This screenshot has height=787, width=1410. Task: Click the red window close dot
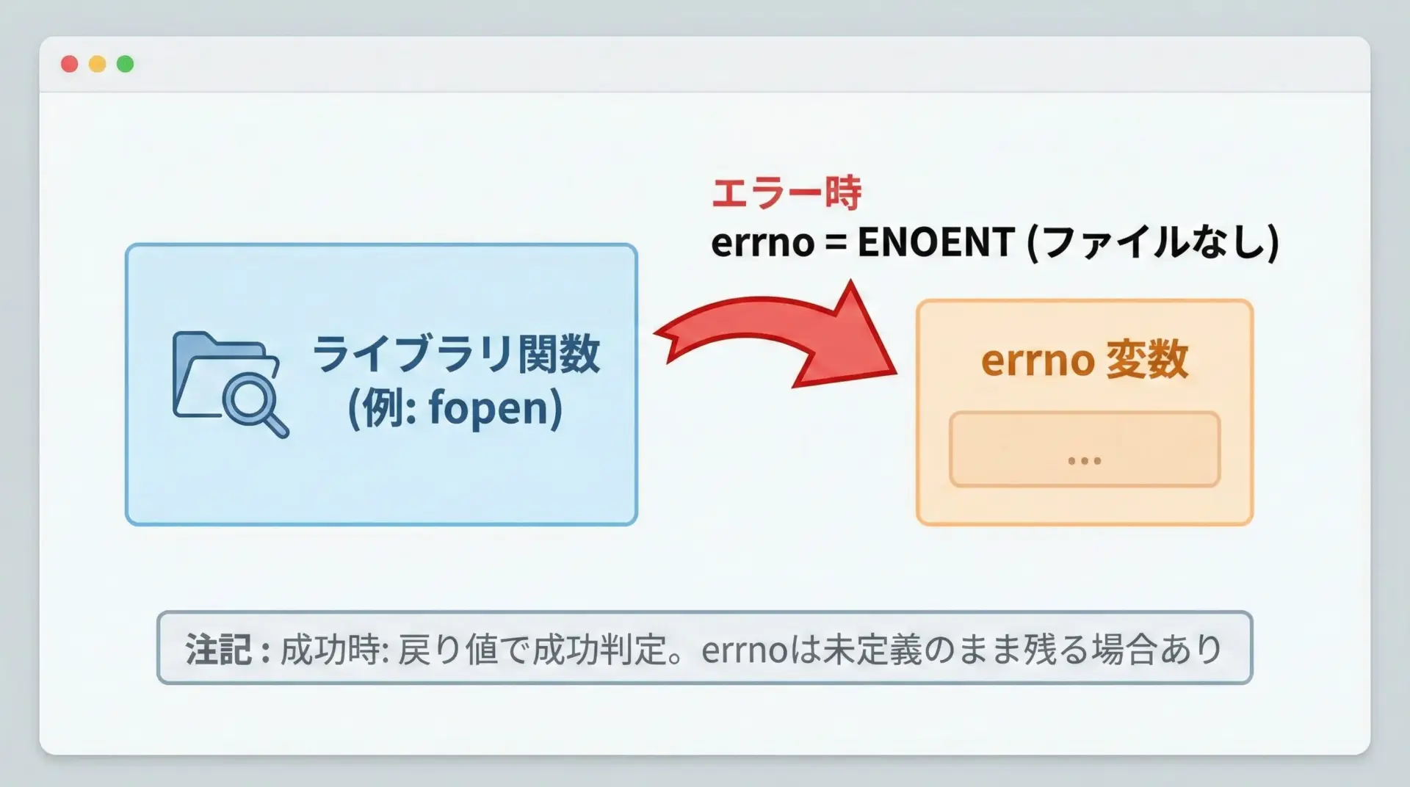pos(70,64)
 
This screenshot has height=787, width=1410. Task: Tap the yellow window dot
pos(98,64)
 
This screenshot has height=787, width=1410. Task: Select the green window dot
pos(126,64)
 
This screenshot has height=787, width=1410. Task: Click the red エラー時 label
pos(787,193)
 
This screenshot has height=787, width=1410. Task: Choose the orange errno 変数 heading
pos(1084,360)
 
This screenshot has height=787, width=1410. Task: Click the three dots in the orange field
pos(1085,461)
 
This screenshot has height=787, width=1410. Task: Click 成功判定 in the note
pos(599,650)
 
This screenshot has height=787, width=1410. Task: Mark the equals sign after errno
pos(836,242)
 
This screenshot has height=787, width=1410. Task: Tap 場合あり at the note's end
pos(1157,650)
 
